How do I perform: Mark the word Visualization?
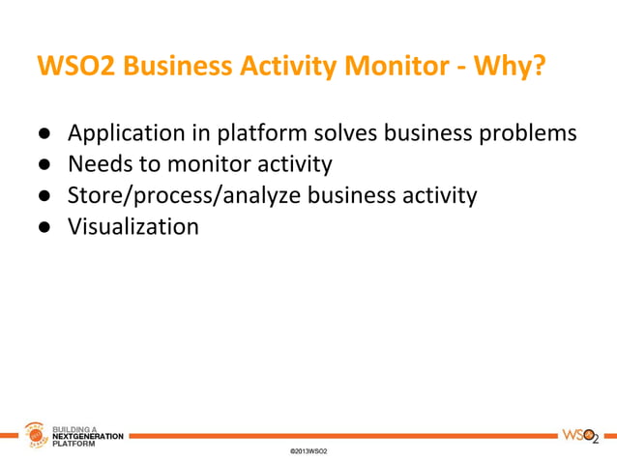(x=133, y=227)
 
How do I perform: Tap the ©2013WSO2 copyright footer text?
(x=308, y=451)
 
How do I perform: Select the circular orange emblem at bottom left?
(x=35, y=438)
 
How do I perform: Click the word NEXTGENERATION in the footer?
(x=87, y=437)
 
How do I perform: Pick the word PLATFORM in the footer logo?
(x=73, y=445)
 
